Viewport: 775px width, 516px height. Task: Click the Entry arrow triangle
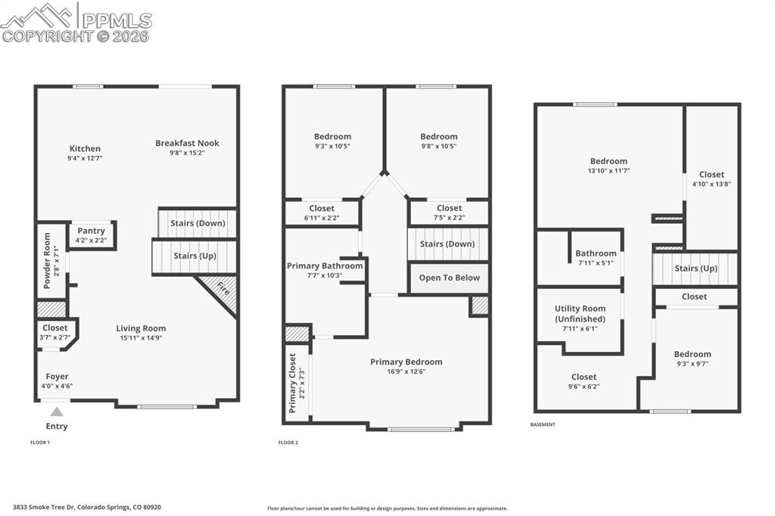point(56,412)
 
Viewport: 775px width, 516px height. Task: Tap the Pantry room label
point(91,231)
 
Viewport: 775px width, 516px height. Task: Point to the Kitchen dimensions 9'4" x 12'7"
point(85,158)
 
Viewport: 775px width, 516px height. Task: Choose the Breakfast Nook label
point(187,143)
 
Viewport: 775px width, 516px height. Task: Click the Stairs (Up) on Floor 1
point(195,256)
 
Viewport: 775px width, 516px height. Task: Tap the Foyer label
point(57,376)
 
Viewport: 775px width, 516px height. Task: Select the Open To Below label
point(449,278)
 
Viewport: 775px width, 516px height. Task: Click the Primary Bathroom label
point(325,266)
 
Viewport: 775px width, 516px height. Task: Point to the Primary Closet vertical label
point(292,383)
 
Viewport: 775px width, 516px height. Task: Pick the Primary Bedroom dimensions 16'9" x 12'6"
point(406,371)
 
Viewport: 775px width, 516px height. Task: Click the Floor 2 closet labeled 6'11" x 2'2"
point(322,213)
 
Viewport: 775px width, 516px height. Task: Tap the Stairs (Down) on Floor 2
point(447,244)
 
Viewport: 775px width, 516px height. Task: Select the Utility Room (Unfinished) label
point(580,313)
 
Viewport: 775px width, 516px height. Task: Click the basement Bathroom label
point(596,253)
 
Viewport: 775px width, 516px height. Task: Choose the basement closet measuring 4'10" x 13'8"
point(711,179)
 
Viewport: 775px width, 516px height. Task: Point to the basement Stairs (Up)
point(696,269)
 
